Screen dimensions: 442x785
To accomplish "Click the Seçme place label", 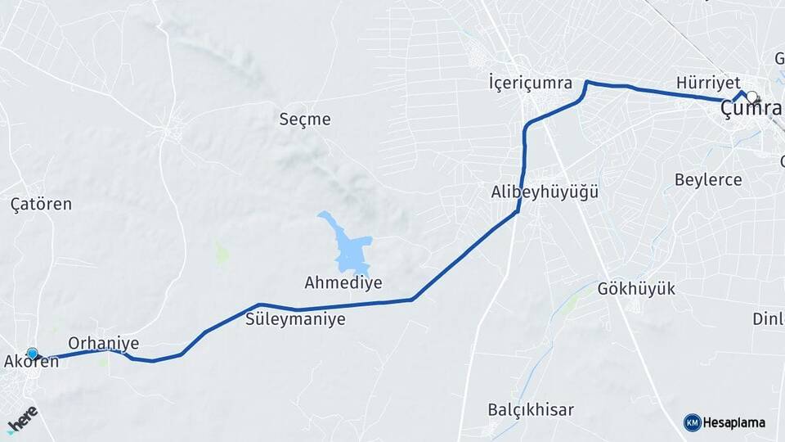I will [x=305, y=120].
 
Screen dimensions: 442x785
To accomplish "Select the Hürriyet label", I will [x=708, y=83].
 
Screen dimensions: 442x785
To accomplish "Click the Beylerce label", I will [x=708, y=180].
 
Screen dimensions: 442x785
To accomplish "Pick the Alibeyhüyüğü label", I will [x=545, y=193].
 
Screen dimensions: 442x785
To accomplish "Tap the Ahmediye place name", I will [x=343, y=283].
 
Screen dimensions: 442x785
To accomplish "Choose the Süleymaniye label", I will [x=295, y=319].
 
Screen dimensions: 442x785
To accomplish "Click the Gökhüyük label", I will [x=636, y=289].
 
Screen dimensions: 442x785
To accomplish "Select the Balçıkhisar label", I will [x=531, y=409].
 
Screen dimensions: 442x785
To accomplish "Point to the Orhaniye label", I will [x=104, y=344].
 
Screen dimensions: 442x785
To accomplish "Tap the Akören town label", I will [x=32, y=362].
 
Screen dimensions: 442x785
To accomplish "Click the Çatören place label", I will [x=41, y=204].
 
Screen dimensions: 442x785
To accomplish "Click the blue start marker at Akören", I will [x=33, y=354].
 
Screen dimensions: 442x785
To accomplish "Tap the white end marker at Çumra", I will [x=751, y=97].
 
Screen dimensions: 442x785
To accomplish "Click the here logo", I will [x=22, y=419].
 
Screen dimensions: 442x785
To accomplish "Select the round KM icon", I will [x=692, y=422].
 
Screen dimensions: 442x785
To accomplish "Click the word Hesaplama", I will [x=734, y=422].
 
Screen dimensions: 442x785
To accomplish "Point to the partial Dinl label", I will [x=768, y=319].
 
